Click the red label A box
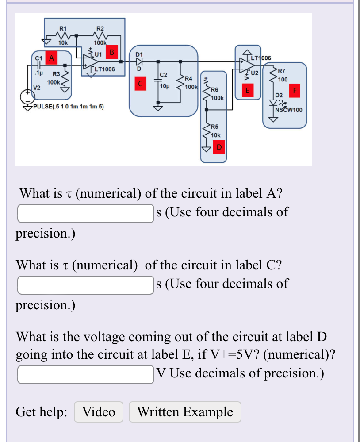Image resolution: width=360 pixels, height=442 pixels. (x=52, y=58)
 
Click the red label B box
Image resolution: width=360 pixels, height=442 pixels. (x=112, y=52)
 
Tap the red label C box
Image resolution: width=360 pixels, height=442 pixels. (x=140, y=83)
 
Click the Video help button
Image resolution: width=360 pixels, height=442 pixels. (x=99, y=412)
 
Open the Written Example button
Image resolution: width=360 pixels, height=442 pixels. (x=185, y=412)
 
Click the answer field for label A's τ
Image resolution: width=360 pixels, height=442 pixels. (x=85, y=213)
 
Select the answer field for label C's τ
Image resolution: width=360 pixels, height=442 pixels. (x=85, y=284)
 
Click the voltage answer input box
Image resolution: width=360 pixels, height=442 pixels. (x=85, y=374)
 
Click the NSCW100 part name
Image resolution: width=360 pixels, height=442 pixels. (x=289, y=110)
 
